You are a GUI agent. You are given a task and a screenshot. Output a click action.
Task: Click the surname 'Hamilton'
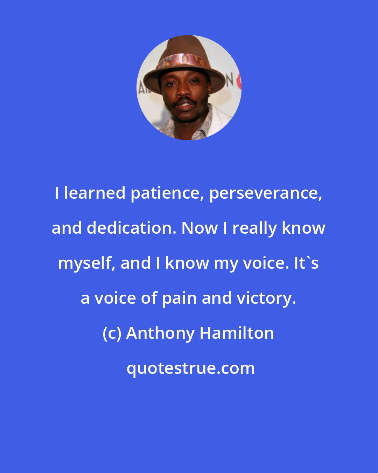point(237,333)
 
